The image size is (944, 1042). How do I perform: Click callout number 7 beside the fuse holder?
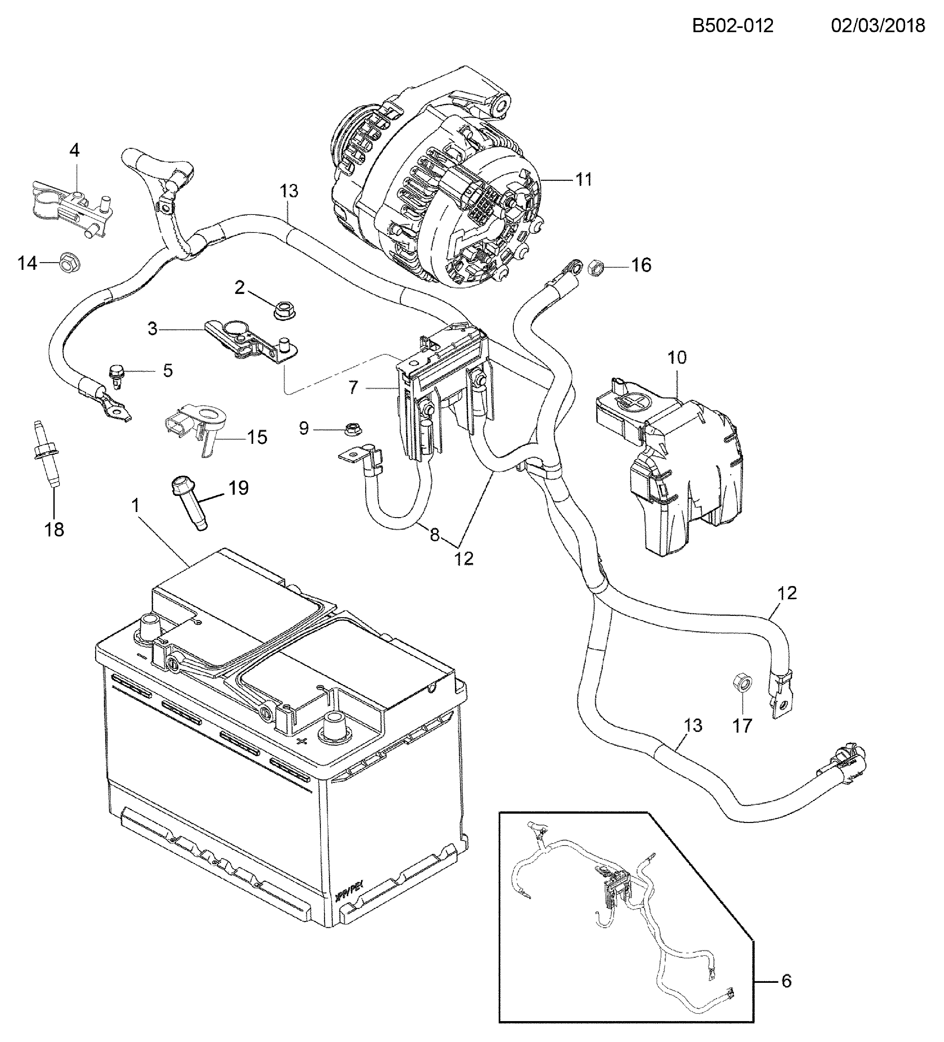353,387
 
